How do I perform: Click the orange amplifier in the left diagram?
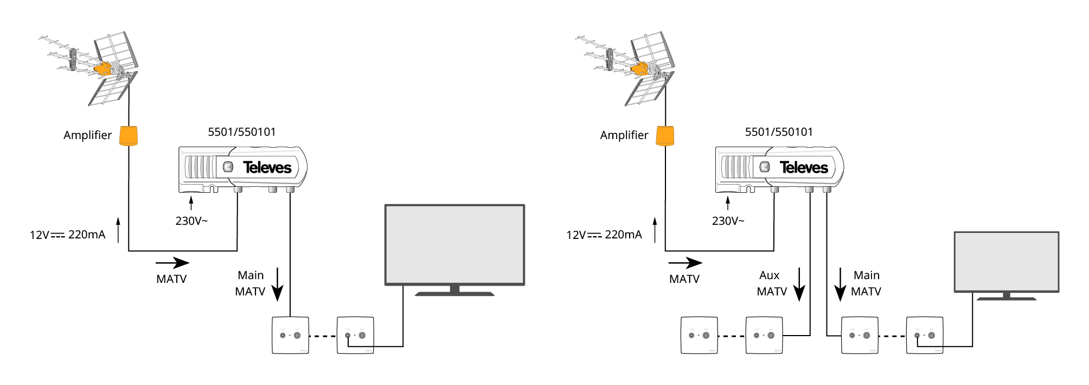(129, 136)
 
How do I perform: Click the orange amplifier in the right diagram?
(665, 136)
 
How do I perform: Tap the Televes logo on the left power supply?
(267, 167)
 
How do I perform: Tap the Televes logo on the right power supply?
(804, 167)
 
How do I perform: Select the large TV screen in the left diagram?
(454, 245)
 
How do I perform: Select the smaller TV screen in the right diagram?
(1006, 262)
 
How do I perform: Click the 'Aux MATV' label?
(771, 283)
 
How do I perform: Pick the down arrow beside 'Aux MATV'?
(799, 285)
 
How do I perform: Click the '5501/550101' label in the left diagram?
(242, 132)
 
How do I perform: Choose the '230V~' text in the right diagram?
(728, 221)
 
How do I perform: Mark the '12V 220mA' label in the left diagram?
(68, 235)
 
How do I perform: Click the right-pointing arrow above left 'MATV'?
(172, 263)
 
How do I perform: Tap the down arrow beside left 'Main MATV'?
(278, 285)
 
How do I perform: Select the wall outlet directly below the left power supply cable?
(290, 335)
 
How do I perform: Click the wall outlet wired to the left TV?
(355, 335)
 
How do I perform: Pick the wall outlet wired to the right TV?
(925, 335)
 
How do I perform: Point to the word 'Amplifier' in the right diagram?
(624, 135)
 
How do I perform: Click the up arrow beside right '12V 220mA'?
(655, 230)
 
